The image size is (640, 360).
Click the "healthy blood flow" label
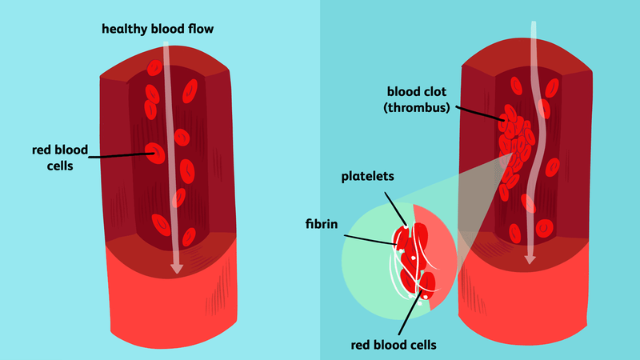pos(157,30)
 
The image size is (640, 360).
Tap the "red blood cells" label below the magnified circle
pos(394,345)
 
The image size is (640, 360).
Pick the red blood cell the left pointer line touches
pos(154,150)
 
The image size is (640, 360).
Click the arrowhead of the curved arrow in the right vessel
pos(529,259)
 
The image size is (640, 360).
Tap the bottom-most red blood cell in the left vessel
pos(190,237)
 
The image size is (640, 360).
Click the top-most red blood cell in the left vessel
pos(155,69)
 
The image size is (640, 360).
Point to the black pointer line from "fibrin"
pos(370,238)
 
